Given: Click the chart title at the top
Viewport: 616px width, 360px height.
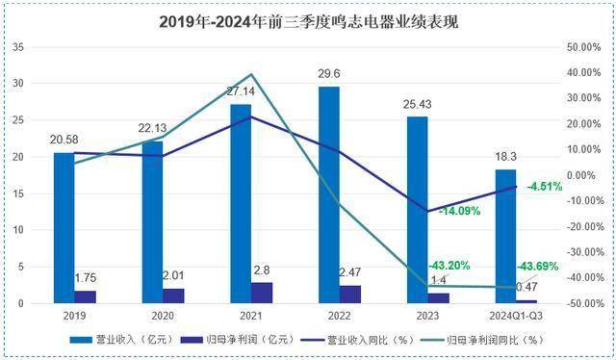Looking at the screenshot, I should coord(308,21).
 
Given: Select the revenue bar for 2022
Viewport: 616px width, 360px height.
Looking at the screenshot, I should coord(329,193).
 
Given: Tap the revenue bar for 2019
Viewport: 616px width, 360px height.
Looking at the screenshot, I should coord(63,227).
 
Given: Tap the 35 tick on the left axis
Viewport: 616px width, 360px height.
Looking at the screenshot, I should coord(18,46).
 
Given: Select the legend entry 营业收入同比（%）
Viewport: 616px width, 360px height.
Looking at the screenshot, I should coord(366,340).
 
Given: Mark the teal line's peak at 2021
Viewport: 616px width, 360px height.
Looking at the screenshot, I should coord(251,74).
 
